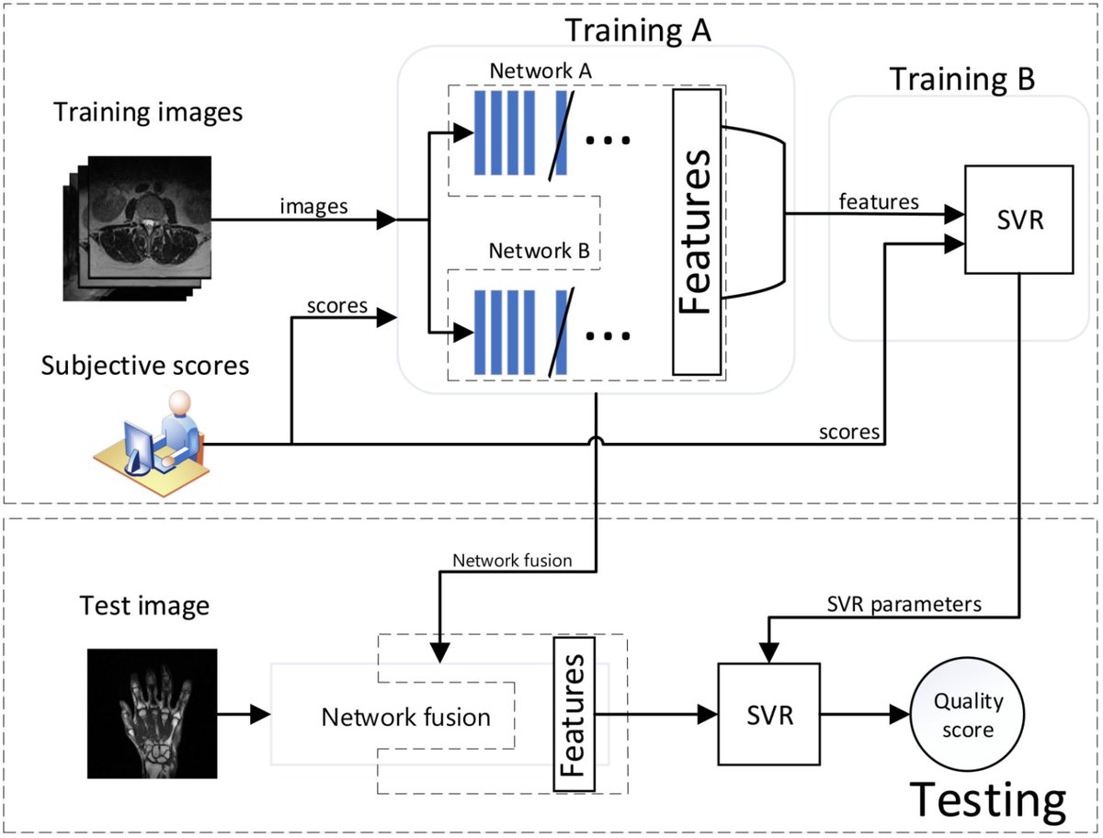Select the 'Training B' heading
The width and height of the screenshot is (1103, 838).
tap(962, 79)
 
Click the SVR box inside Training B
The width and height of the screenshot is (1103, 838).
tap(1018, 220)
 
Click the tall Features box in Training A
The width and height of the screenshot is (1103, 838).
tap(697, 232)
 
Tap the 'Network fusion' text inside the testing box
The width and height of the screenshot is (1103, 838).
tap(405, 716)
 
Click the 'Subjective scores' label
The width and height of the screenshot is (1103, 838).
tap(145, 365)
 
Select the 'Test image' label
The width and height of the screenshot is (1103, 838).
tap(144, 606)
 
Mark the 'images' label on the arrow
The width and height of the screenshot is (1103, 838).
tap(314, 206)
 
